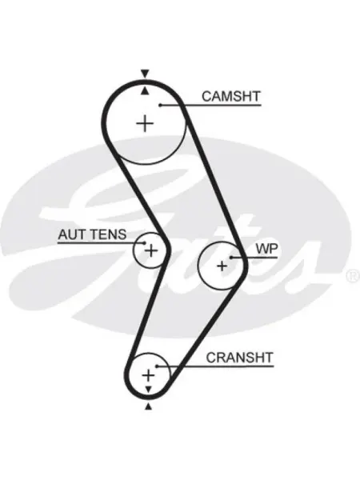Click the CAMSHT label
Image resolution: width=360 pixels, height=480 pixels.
click(231, 96)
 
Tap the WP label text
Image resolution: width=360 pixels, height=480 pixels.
click(266, 249)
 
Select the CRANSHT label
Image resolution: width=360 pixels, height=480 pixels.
click(239, 358)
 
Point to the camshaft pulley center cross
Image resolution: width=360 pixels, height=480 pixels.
click(145, 124)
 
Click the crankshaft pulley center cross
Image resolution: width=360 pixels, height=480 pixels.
click(149, 375)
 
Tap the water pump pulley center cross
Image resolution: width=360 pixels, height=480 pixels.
click(222, 266)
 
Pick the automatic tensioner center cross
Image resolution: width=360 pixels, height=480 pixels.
click(151, 250)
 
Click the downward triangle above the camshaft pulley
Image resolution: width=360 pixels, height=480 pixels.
click(145, 74)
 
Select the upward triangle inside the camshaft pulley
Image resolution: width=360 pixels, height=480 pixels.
click(145, 90)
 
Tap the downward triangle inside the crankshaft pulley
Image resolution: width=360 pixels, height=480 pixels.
click(149, 390)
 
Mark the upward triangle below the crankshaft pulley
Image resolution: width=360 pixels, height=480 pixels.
click(149, 406)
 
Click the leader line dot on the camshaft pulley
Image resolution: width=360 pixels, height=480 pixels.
click(160, 106)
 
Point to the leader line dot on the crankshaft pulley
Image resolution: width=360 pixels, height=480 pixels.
click(157, 366)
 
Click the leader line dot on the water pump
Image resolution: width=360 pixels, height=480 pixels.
click(231, 258)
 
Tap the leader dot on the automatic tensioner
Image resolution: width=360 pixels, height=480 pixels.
click(144, 243)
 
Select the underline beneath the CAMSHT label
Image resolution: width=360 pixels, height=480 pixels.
click(210, 106)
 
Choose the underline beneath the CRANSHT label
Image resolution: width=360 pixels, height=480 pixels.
click(215, 366)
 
